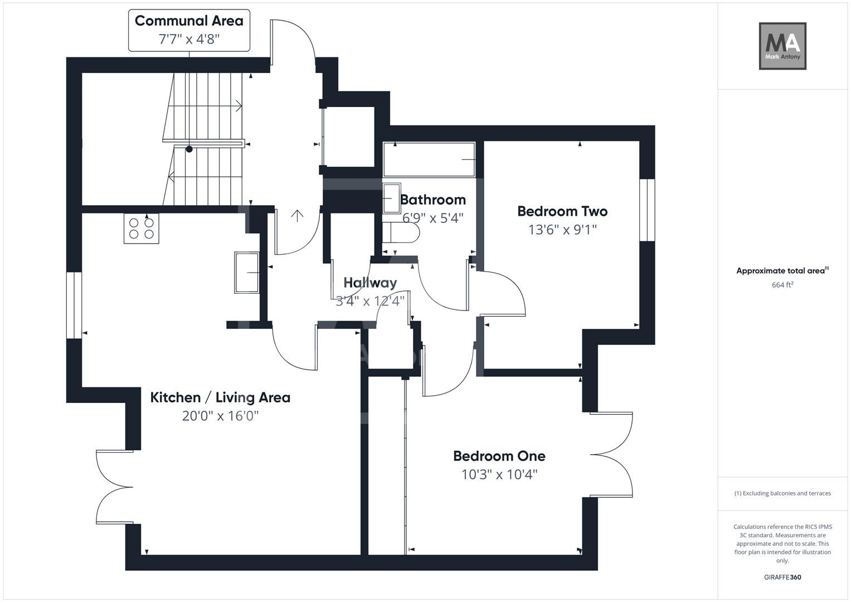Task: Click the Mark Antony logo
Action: click(782, 46)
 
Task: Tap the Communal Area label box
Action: click(189, 30)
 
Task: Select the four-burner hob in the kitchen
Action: click(141, 229)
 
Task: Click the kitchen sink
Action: click(247, 273)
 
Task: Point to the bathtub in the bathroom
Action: click(429, 159)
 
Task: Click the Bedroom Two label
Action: click(562, 211)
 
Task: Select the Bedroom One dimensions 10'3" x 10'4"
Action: click(499, 474)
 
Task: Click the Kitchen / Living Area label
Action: click(220, 397)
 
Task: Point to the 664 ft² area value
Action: click(782, 285)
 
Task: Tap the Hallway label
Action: click(370, 283)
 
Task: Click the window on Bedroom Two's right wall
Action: click(647, 210)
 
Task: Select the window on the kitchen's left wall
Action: click(74, 305)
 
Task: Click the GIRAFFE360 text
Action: click(782, 577)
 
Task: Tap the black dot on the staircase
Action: click(189, 149)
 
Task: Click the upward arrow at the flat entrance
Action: click(298, 215)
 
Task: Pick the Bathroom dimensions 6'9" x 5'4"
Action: click(433, 218)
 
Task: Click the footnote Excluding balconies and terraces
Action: click(782, 493)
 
